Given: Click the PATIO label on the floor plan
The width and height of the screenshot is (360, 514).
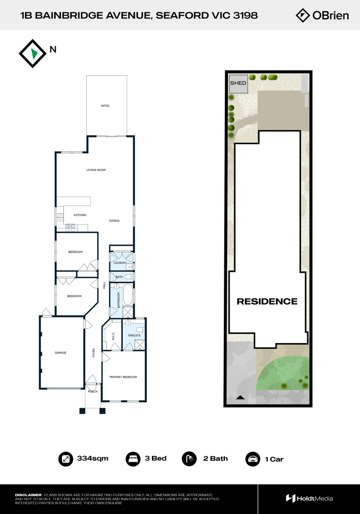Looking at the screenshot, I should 105,106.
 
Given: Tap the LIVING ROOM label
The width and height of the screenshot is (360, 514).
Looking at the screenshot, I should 96,170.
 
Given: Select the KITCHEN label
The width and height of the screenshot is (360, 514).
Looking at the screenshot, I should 80,215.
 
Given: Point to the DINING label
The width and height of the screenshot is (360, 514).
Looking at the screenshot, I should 114,221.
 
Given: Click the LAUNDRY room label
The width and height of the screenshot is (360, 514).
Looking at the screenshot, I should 120,263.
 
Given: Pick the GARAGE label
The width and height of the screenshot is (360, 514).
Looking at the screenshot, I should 60,353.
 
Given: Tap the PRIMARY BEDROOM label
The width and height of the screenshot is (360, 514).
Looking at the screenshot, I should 123,377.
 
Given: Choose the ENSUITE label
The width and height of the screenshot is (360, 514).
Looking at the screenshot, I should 135,336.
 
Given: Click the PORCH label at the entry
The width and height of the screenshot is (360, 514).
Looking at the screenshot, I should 92,392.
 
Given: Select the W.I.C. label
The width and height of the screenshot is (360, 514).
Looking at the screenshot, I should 113,336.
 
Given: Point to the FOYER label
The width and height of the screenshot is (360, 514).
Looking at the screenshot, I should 94,353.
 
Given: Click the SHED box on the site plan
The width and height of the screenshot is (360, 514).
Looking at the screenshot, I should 238,83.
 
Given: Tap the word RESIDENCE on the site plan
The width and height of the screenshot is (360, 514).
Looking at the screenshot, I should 267,301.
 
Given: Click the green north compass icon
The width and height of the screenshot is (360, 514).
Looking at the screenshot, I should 33,53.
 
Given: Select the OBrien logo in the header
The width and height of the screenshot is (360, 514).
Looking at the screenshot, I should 322,15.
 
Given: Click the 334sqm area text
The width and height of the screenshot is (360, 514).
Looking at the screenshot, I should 92,459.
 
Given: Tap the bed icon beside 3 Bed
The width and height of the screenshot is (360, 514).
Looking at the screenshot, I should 132,459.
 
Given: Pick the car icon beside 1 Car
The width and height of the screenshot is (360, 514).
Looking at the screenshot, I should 252,459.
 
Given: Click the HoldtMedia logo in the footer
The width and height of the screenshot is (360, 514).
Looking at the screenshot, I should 310,498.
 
